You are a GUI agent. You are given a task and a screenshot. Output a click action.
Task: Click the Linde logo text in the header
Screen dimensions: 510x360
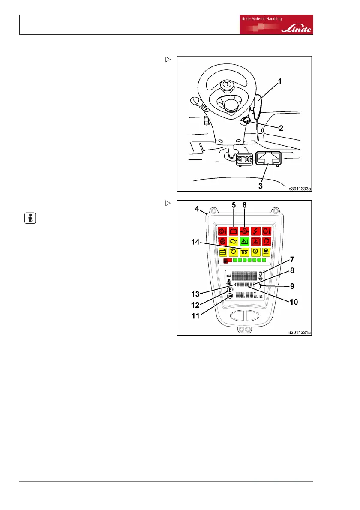(x=297, y=30)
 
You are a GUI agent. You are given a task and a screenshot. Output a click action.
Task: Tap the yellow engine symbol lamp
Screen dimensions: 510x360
(x=234, y=241)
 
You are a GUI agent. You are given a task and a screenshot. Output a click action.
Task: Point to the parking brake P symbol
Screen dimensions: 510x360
(x=230, y=290)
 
